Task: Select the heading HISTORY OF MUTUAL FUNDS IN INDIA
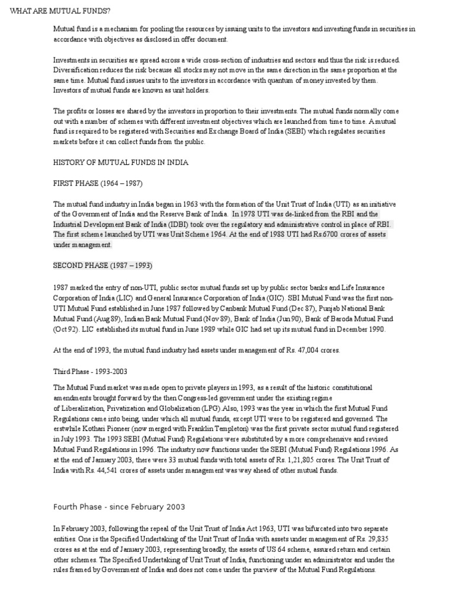(x=121, y=161)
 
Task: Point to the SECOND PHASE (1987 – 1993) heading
(x=103, y=264)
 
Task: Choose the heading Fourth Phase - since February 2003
(x=119, y=507)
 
